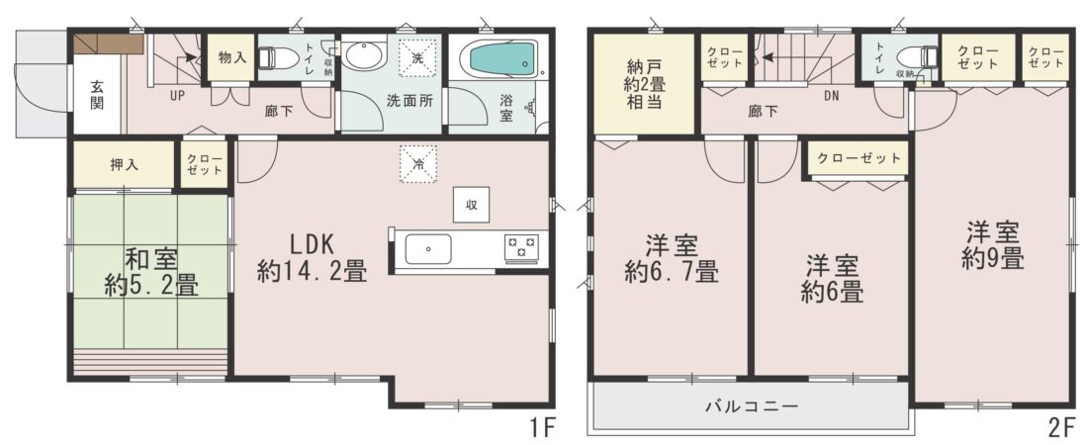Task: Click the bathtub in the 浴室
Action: pos(502,59)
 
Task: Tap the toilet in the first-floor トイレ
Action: pos(271,57)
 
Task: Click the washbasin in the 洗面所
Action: pos(366,55)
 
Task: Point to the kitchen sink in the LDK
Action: pos(428,249)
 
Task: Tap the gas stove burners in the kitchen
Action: pos(521,249)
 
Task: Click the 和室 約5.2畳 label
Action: pos(151,273)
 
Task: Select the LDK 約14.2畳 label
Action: pos(312,257)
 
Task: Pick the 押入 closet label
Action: pos(124,165)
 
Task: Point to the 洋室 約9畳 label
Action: pos(992,245)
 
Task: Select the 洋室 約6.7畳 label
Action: pos(671,258)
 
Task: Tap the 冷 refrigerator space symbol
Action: pos(418,164)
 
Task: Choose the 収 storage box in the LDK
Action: pos(471,205)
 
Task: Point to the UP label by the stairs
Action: pos(177,96)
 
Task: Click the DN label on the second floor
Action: pos(831,96)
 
